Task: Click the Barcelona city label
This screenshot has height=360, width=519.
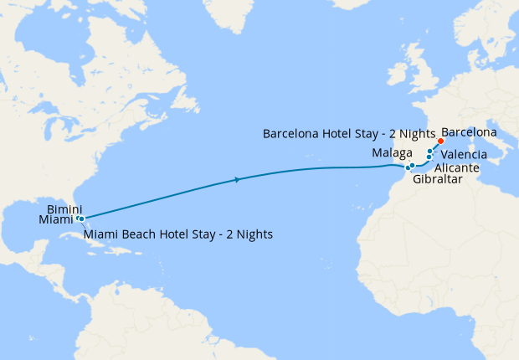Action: [x=469, y=132]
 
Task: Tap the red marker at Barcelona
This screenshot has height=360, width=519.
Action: [x=440, y=141]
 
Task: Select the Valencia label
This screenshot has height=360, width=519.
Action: [x=465, y=155]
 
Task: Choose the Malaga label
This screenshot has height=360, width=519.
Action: [x=392, y=154]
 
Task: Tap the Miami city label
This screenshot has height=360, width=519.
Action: [x=55, y=219]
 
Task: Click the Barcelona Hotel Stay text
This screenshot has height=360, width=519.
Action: [x=349, y=133]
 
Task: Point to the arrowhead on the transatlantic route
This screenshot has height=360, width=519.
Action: [x=239, y=179]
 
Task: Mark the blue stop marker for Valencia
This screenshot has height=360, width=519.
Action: [x=430, y=151]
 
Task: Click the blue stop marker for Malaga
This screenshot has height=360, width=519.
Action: [x=413, y=166]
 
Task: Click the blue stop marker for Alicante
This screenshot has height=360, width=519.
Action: [x=429, y=157]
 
